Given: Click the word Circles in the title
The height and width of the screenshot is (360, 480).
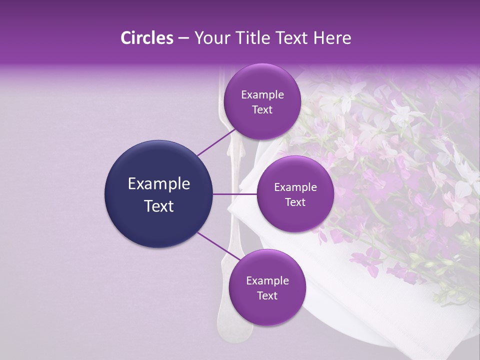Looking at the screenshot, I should click(146, 38).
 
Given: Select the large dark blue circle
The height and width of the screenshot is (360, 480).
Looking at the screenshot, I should click(158, 194).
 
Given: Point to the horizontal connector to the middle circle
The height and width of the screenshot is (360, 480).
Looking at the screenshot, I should click(234, 194).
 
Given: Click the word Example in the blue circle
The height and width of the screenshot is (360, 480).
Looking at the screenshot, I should click(158, 184).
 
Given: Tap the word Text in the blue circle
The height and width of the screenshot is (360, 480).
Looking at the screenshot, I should click(158, 206).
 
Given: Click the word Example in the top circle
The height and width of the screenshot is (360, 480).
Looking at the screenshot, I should click(262, 94).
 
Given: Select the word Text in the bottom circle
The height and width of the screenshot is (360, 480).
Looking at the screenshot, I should click(267, 295).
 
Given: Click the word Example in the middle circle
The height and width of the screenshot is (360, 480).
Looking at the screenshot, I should click(295, 187).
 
